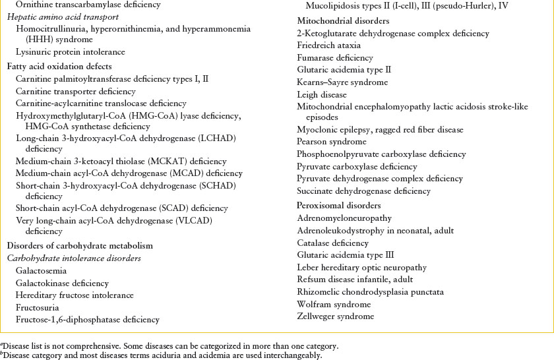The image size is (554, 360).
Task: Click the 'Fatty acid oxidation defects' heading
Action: point(59,67)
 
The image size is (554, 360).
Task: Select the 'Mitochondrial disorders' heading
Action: point(334,21)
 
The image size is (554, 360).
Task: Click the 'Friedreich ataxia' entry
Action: point(328,45)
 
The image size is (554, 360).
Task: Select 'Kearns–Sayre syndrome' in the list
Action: point(342,82)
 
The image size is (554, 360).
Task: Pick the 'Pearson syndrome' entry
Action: point(332,142)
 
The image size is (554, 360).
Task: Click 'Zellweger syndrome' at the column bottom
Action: point(336,316)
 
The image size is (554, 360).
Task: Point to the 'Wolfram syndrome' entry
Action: point(334,305)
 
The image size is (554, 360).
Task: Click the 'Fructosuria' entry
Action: point(38,307)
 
